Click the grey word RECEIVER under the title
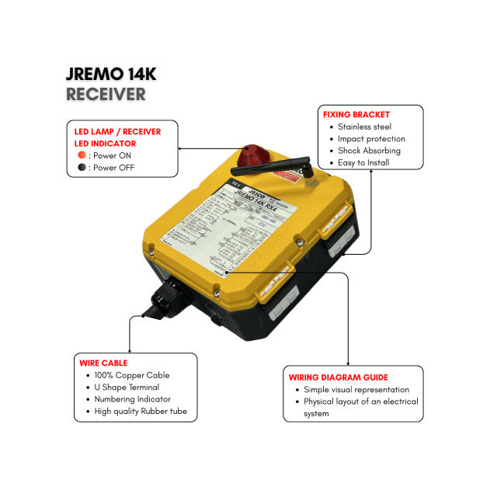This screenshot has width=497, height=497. point(106,95)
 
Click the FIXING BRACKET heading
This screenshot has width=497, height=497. point(356,115)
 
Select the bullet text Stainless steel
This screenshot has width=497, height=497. point(364,127)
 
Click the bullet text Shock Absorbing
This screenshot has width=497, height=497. point(369,151)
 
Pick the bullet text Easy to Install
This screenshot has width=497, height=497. point(363,163)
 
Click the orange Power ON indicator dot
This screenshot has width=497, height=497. point(82,155)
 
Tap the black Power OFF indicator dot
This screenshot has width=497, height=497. point(82,167)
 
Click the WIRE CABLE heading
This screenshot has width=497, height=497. point(103,363)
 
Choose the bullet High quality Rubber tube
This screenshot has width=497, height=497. point(140,411)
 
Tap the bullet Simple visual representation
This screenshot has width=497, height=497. point(358,390)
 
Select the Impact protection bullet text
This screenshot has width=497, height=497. point(371,139)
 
